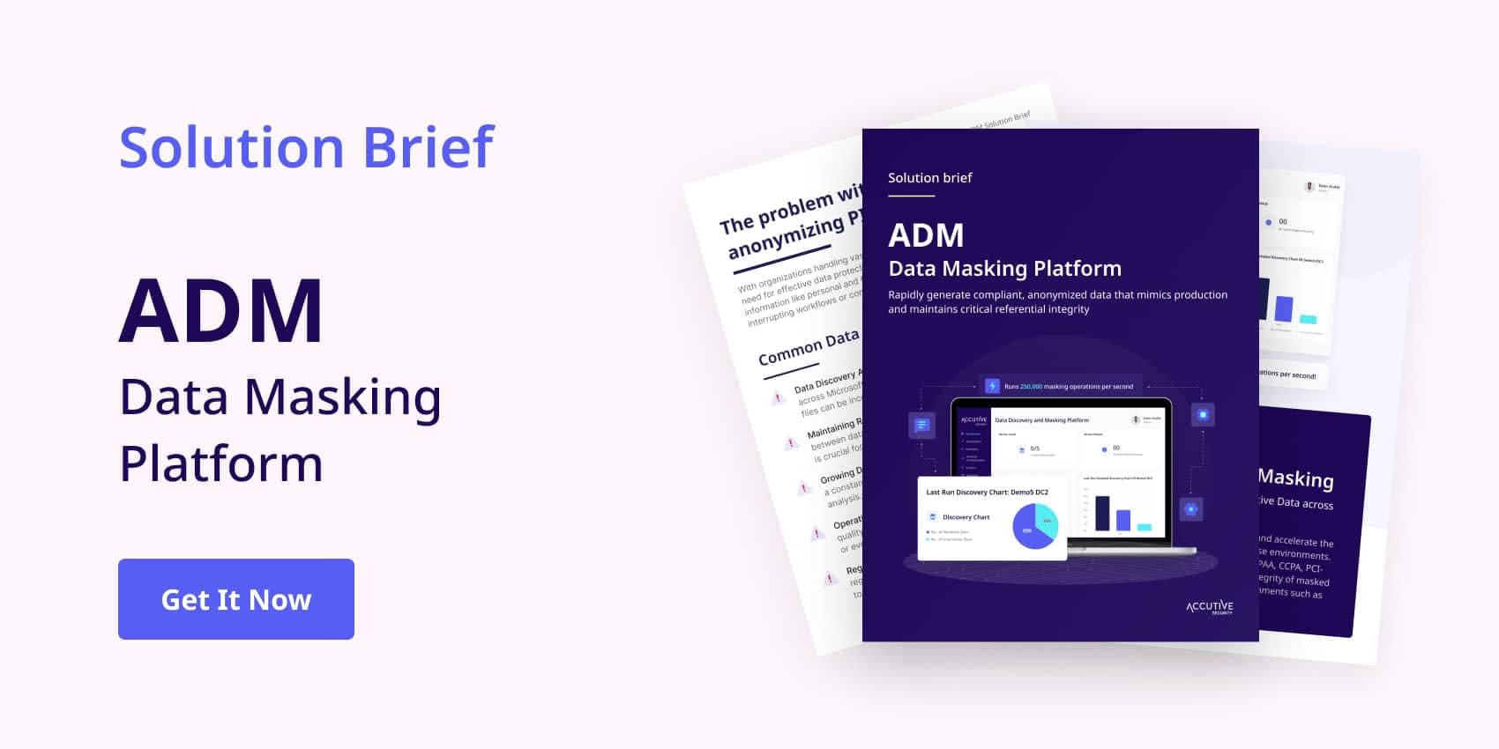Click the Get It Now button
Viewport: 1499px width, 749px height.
click(236, 599)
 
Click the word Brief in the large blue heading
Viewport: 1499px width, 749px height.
click(429, 147)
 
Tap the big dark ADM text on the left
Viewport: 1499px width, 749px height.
click(221, 311)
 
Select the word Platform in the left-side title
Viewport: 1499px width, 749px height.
click(221, 464)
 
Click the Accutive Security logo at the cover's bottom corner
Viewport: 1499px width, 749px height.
click(1209, 607)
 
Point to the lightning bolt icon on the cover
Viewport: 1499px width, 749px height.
click(992, 386)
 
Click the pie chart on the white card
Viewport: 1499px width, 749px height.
click(1035, 526)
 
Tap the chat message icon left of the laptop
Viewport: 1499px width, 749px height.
click(921, 426)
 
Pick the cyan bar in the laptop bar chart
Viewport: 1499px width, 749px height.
click(1144, 527)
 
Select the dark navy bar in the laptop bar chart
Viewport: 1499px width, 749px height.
click(1102, 513)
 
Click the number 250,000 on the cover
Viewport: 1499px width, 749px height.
click(1031, 387)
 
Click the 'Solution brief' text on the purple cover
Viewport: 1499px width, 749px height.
click(929, 178)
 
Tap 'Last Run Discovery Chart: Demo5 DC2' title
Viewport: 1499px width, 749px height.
click(987, 493)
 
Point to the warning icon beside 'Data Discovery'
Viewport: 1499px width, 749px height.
click(778, 398)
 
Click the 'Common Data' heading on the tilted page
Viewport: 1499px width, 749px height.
click(808, 347)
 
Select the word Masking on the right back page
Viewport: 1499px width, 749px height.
click(1295, 478)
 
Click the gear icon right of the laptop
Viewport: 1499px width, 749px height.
click(1191, 509)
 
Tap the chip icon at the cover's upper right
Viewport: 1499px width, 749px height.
click(1203, 415)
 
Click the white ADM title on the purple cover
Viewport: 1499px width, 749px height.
click(926, 235)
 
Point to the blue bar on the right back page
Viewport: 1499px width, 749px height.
click(1284, 308)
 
